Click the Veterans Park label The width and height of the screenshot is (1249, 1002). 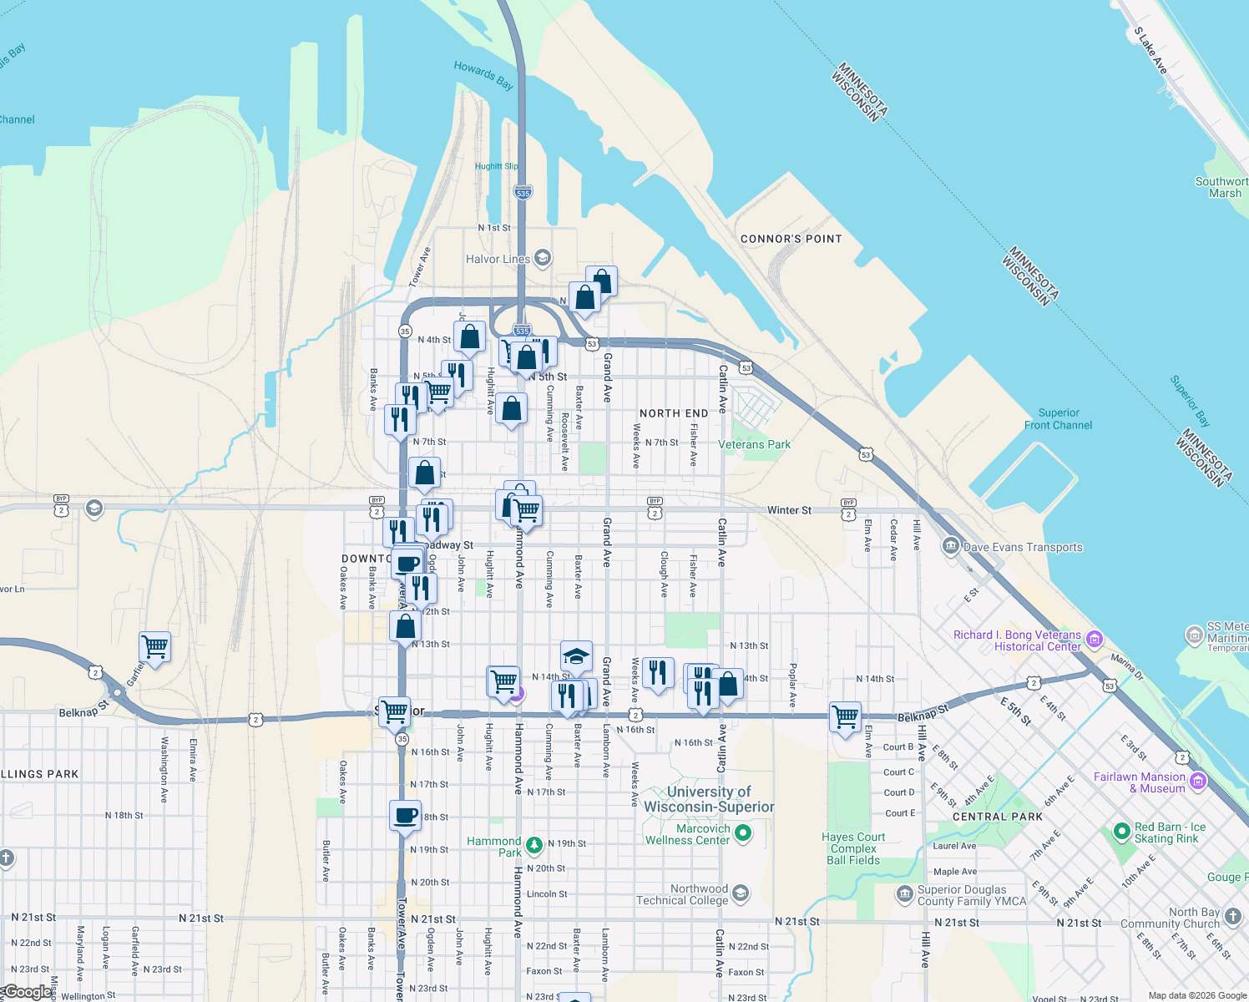(754, 444)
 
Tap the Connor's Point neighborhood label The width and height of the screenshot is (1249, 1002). (791, 239)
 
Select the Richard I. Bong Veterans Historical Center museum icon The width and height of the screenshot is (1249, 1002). (1095, 640)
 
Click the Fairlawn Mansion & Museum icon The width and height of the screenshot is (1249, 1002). (1198, 782)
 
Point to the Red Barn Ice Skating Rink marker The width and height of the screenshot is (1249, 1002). (1121, 832)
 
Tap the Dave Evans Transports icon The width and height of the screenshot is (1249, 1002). (950, 547)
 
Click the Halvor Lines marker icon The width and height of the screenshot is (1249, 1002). (543, 258)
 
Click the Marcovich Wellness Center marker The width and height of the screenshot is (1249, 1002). (743, 833)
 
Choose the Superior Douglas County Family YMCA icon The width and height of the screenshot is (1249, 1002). (904, 895)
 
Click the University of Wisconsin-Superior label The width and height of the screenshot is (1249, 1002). (709, 799)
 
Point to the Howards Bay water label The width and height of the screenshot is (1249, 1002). (483, 74)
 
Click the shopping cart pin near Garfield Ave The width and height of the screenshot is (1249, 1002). (155, 647)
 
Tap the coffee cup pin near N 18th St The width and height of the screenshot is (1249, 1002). (406, 816)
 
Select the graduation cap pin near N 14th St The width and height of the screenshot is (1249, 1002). (576, 655)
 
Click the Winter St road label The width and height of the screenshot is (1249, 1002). (789, 510)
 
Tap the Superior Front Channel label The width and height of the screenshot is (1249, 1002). (1058, 419)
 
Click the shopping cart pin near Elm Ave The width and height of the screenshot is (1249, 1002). (845, 717)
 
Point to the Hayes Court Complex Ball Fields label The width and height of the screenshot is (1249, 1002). (853, 848)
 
